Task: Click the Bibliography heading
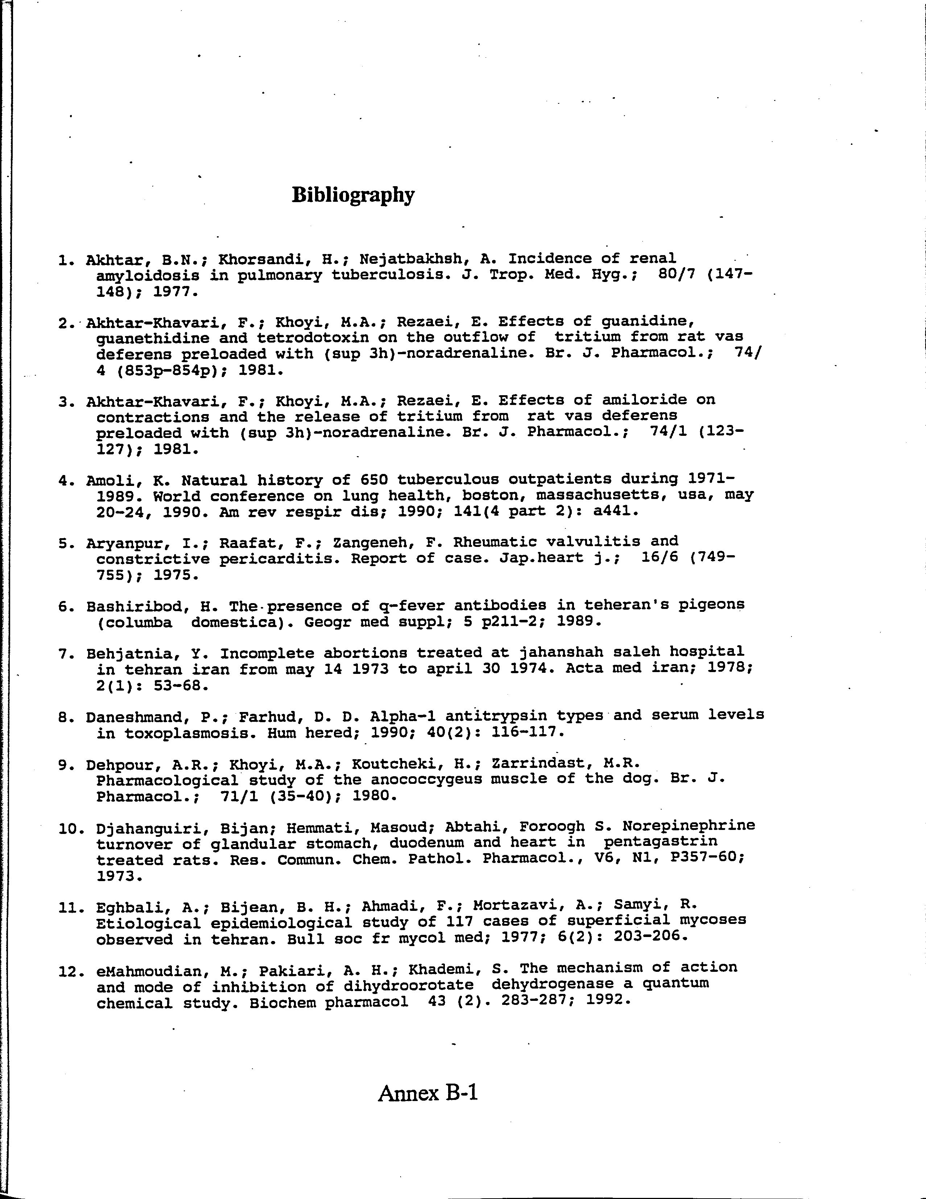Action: tap(353, 195)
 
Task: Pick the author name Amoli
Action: tap(109, 481)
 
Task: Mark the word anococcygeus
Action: tap(426, 779)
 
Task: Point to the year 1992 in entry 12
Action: tap(604, 1001)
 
